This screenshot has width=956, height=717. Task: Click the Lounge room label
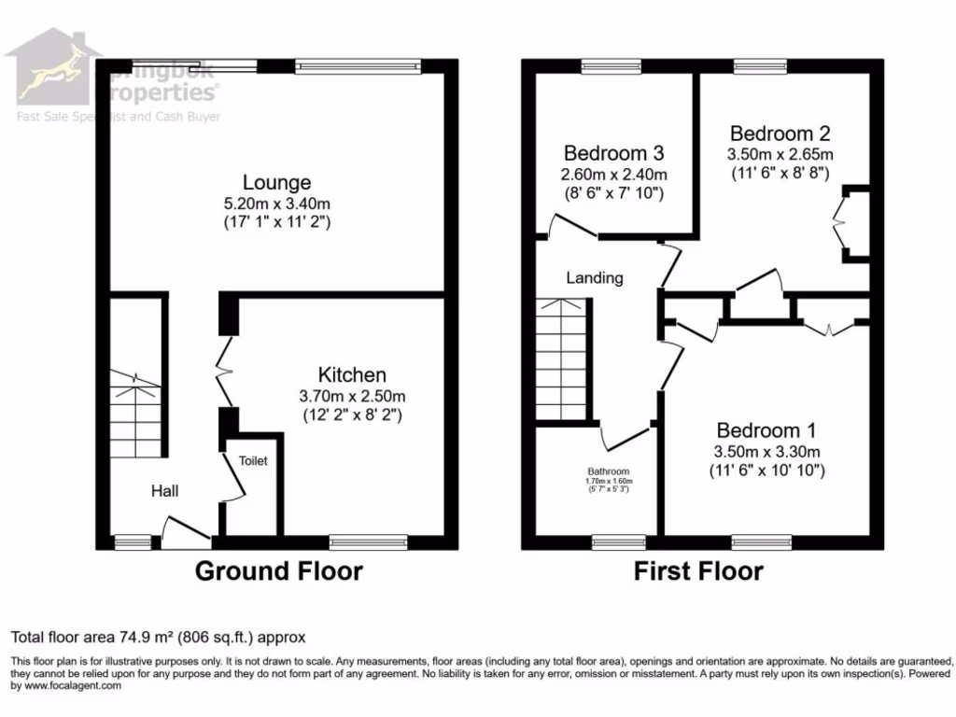click(x=276, y=182)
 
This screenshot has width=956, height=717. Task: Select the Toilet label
click(x=253, y=461)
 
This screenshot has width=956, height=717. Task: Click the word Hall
click(x=165, y=492)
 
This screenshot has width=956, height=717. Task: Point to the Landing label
click(x=595, y=277)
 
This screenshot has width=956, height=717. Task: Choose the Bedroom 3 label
click(x=613, y=153)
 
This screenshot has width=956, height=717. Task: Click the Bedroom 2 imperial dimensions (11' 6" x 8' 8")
click(x=780, y=173)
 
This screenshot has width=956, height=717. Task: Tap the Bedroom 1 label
click(x=766, y=430)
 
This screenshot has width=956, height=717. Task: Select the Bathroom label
click(x=608, y=471)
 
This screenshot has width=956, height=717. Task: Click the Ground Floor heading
click(x=278, y=571)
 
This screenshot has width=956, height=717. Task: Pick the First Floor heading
click(x=698, y=571)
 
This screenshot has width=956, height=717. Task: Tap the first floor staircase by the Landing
click(x=562, y=359)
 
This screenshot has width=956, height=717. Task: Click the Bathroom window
click(x=619, y=541)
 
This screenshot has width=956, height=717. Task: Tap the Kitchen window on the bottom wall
click(x=368, y=541)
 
